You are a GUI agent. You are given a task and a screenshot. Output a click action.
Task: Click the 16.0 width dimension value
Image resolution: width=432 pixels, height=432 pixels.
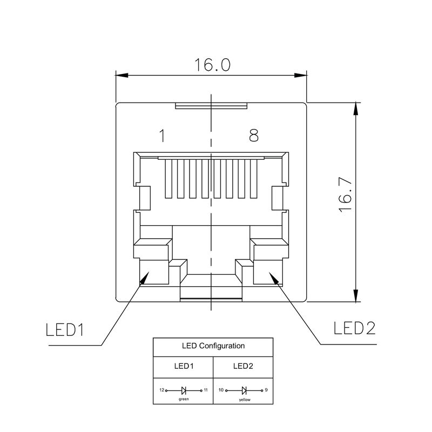click(x=212, y=65)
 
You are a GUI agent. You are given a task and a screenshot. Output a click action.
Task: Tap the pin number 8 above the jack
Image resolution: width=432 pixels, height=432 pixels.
click(x=253, y=136)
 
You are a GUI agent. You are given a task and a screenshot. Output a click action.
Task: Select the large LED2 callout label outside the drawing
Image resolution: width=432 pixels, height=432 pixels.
click(x=354, y=328)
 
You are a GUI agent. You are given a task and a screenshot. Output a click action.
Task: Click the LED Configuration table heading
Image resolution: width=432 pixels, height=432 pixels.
click(x=213, y=346)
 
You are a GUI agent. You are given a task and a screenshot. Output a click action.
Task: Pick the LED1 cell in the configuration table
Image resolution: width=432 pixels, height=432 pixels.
click(x=184, y=366)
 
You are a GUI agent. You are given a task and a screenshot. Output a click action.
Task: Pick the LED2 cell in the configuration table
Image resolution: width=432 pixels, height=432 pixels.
click(x=243, y=366)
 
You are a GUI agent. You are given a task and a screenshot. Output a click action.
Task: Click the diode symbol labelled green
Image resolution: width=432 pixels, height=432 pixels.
click(x=184, y=389)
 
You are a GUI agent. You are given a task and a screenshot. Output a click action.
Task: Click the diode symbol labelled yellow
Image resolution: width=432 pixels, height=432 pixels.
click(x=244, y=389)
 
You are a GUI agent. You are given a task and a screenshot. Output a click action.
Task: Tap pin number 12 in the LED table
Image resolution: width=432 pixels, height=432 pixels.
click(x=161, y=389)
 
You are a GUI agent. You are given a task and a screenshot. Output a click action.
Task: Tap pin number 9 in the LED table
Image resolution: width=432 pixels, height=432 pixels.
click(x=267, y=389)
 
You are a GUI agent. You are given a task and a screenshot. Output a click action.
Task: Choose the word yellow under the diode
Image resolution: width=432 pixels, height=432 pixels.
click(x=244, y=400)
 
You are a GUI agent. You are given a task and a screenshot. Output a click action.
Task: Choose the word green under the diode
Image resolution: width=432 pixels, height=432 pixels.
click(x=184, y=400)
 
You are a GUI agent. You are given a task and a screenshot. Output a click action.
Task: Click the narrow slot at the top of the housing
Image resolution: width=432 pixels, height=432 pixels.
click(x=211, y=106)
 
